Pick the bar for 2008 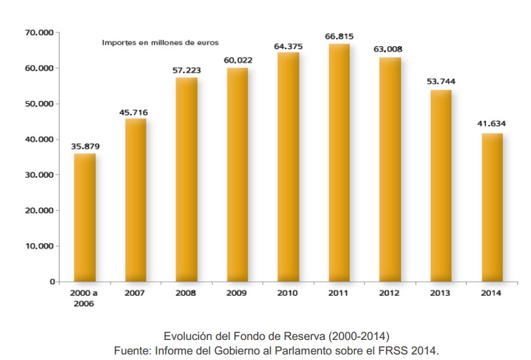(187, 180)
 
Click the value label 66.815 (339, 36)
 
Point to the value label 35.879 (85, 146)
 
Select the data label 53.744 (441, 82)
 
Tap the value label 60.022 (238, 60)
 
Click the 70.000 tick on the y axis (39, 32)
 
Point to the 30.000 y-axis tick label (39, 175)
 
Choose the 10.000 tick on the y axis (39, 246)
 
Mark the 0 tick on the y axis (50, 282)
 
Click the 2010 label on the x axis (288, 293)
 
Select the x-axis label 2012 (390, 293)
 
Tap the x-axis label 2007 (136, 293)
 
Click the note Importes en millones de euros (160, 42)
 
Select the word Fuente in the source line (131, 350)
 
